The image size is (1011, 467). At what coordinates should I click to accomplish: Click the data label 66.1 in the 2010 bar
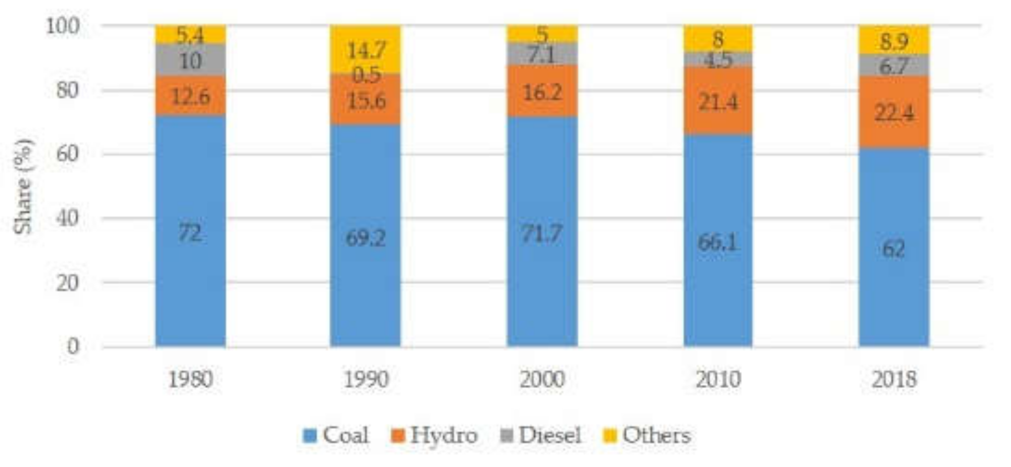(718, 242)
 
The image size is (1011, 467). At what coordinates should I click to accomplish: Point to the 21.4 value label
(718, 102)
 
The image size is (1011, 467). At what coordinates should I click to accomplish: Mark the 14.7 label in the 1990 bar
(366, 51)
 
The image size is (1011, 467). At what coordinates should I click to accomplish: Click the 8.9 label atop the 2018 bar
(894, 41)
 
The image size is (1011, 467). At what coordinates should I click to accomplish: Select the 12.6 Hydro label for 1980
(191, 97)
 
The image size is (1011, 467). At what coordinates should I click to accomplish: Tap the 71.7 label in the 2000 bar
(542, 233)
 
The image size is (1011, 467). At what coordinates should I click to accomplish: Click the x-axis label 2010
(718, 380)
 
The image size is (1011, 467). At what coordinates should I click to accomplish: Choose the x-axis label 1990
(366, 380)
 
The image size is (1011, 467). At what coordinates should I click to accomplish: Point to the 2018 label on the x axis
(894, 380)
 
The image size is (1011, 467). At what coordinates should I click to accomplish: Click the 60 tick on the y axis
(68, 154)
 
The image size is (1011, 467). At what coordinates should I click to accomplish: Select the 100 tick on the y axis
(63, 26)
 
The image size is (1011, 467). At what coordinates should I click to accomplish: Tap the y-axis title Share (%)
(23, 186)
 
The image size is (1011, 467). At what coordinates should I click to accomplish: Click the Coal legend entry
(336, 435)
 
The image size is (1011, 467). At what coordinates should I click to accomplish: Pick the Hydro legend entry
(434, 435)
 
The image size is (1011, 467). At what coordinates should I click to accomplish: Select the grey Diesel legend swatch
(507, 435)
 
